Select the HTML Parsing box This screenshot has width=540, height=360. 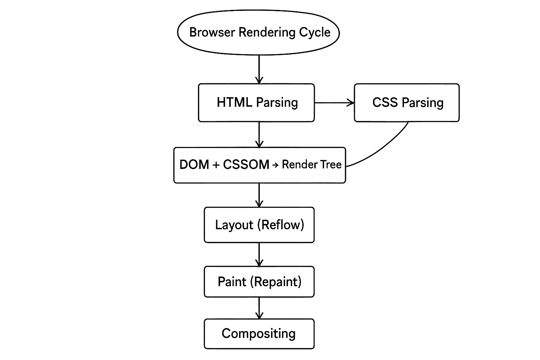tap(257, 103)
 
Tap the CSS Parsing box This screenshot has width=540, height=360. tap(407, 103)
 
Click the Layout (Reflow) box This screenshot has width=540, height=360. tap(259, 225)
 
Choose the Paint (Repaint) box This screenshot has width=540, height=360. tap(259, 282)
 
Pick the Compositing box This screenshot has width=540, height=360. tap(259, 334)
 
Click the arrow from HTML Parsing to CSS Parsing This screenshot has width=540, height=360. tap(334, 103)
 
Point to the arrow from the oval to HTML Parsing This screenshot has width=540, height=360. tap(259, 69)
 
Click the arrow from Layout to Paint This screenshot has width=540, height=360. tap(259, 254)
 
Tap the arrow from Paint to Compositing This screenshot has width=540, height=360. tap(259, 308)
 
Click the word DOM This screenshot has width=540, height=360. tap(194, 165)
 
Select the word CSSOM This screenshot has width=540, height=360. tap(246, 165)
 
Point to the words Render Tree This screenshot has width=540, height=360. tap(311, 165)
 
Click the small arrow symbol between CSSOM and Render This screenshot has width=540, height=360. tap(275, 165)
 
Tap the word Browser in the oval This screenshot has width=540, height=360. tap(212, 32)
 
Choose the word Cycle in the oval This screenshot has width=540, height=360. tap(315, 32)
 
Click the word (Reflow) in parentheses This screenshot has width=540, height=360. tap(283, 225)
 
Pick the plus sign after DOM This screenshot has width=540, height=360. tap(216, 165)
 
